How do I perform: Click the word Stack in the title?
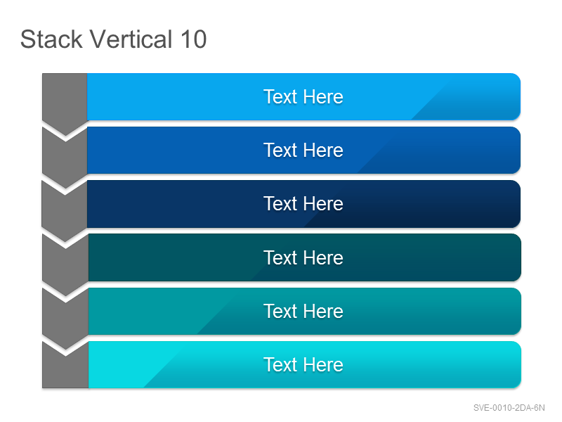click(x=51, y=39)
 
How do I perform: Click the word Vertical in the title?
click(x=131, y=39)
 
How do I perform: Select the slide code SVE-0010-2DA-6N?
click(x=509, y=408)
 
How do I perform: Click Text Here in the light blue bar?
click(x=303, y=96)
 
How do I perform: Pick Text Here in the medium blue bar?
click(x=303, y=150)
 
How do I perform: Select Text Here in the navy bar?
click(x=303, y=203)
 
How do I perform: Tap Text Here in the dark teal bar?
click(x=303, y=257)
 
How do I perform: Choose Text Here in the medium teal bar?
click(x=303, y=311)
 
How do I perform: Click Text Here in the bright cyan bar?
click(x=303, y=364)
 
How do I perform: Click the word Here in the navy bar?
click(x=324, y=203)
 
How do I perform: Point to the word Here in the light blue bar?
click(x=324, y=96)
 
